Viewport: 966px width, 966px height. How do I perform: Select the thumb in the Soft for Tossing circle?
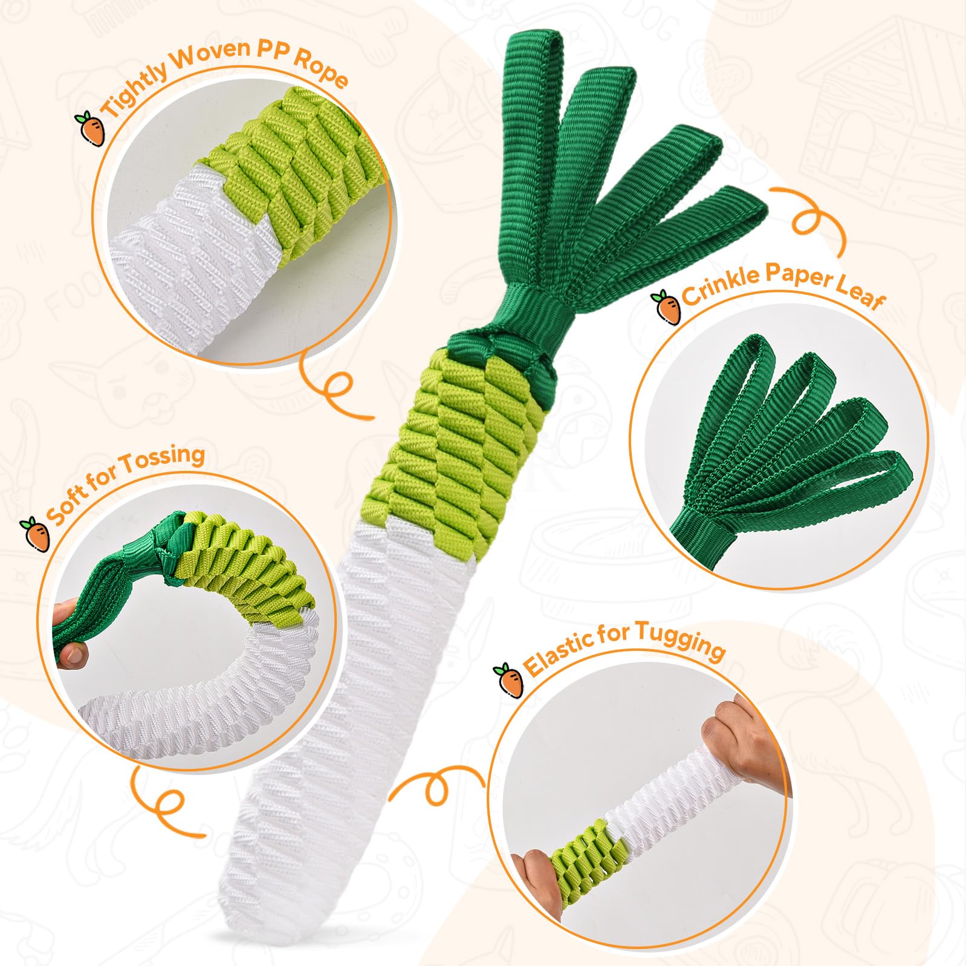pos(71,653)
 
